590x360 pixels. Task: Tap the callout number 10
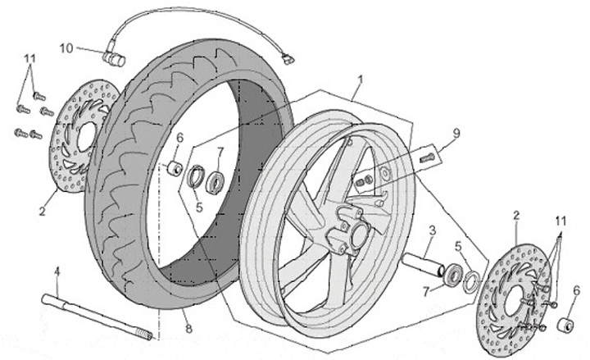coord(66,48)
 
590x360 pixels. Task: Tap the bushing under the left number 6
coord(175,168)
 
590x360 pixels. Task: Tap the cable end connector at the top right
coord(287,58)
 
